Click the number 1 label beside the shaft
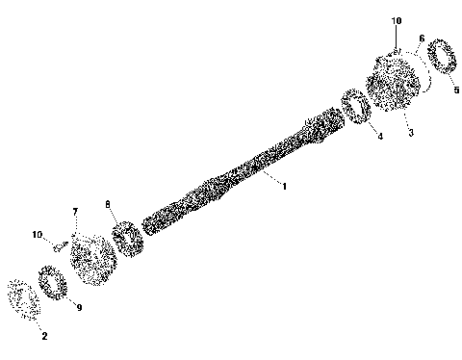click(284, 183)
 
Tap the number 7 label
click(74, 212)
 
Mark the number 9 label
click(79, 307)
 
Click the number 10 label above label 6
click(398, 20)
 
